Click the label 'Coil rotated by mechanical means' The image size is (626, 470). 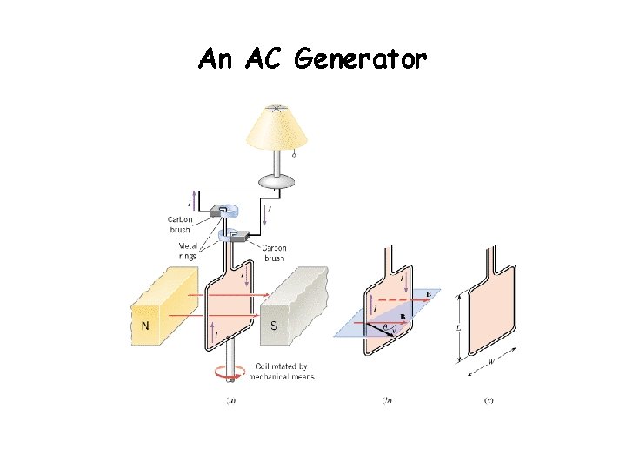[x=282, y=371]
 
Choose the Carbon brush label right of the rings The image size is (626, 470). [x=273, y=253]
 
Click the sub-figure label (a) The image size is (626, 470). [x=230, y=401]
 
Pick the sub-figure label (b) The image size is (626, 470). [x=388, y=401]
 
